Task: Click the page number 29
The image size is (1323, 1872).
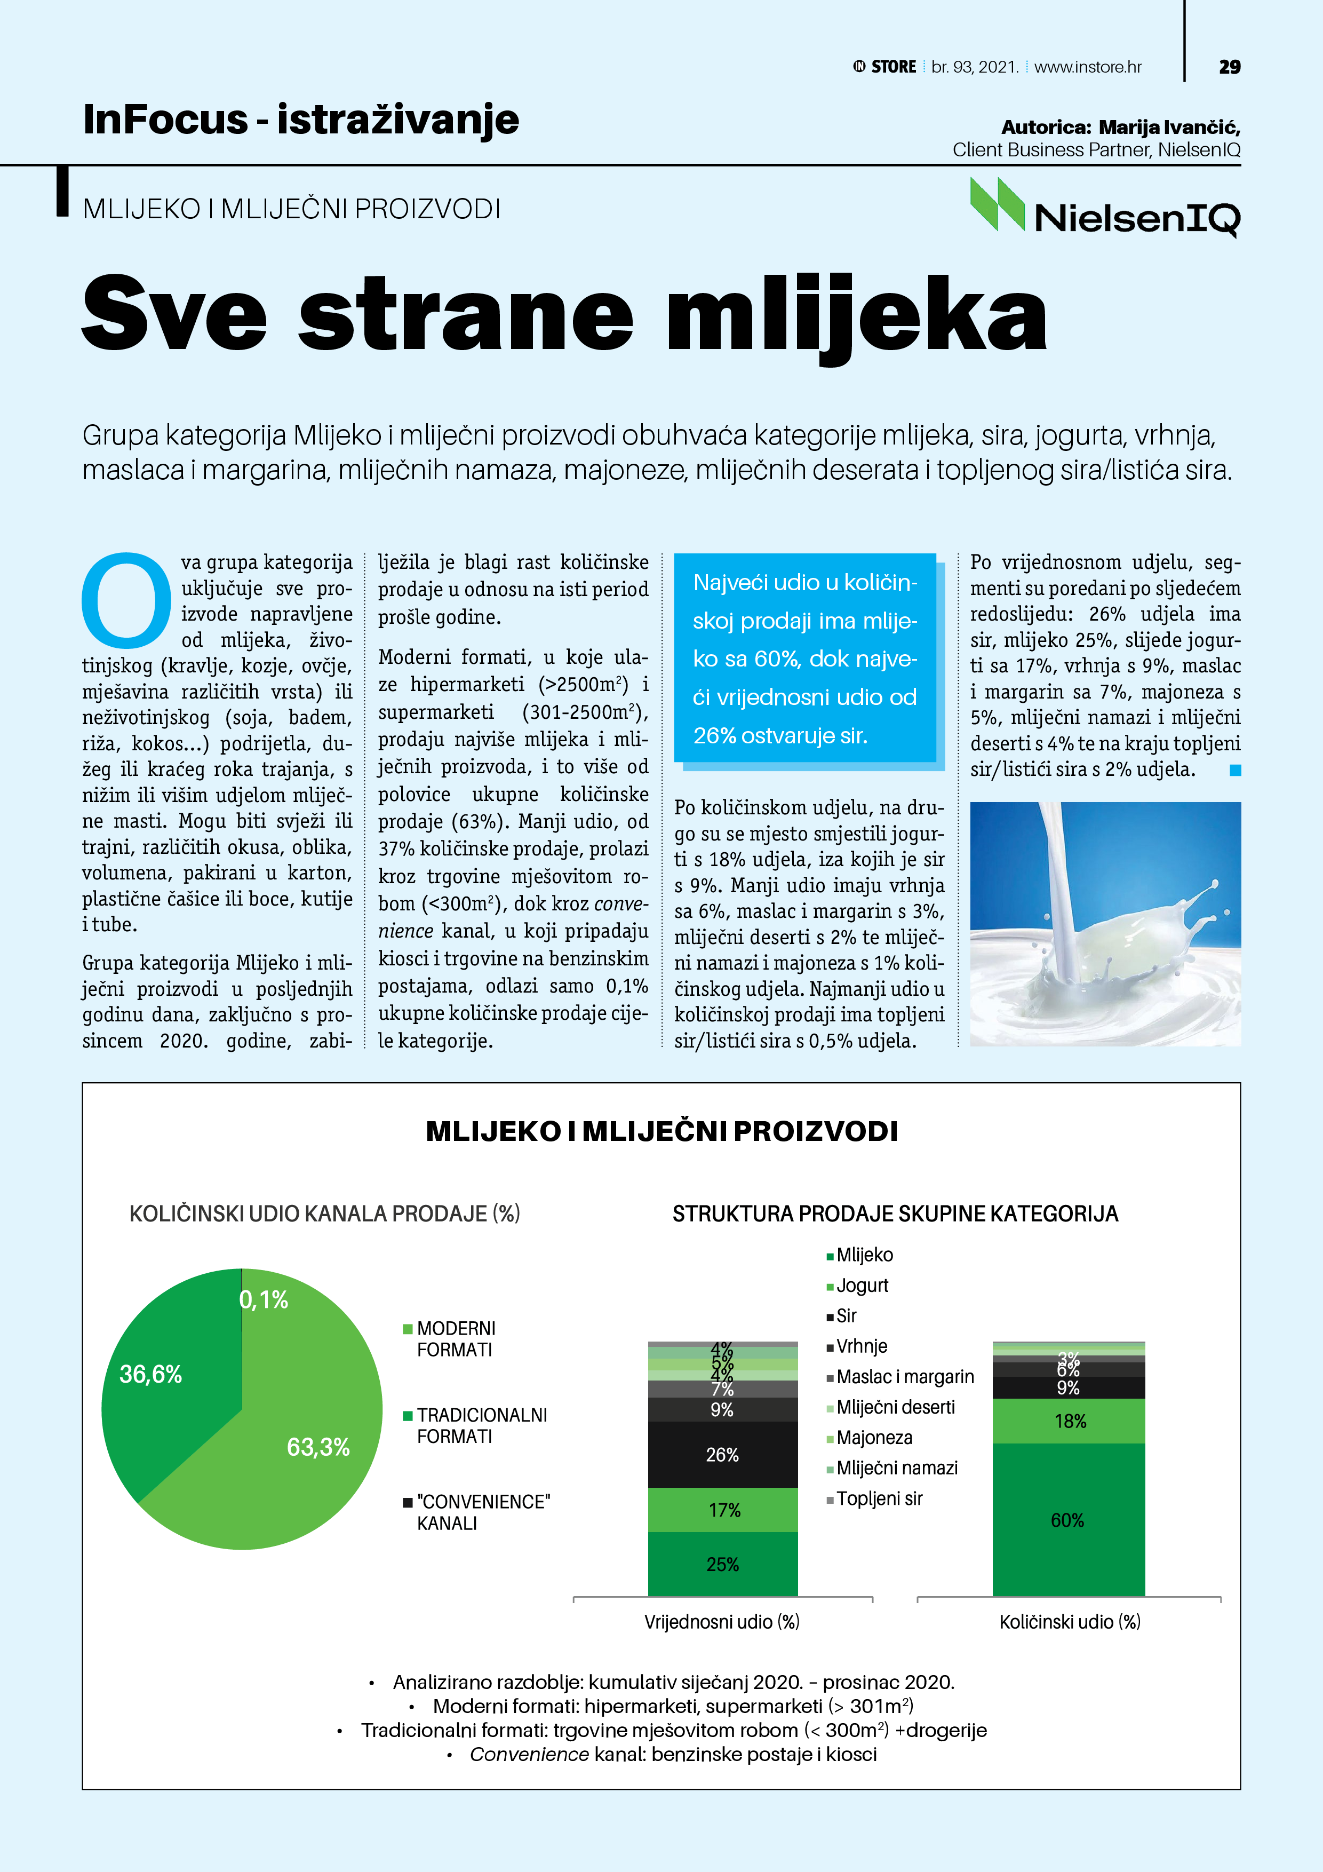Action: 1229,67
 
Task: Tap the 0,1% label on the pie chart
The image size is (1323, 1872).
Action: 264,1299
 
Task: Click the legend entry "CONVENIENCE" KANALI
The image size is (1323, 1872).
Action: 481,1512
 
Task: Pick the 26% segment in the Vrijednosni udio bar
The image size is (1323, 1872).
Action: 722,1455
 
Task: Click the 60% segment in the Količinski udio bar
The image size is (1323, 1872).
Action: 1068,1520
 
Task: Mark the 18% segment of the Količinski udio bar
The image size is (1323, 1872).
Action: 1070,1421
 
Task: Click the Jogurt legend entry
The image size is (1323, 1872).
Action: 862,1286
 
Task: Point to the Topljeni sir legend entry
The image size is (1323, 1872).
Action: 878,1498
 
